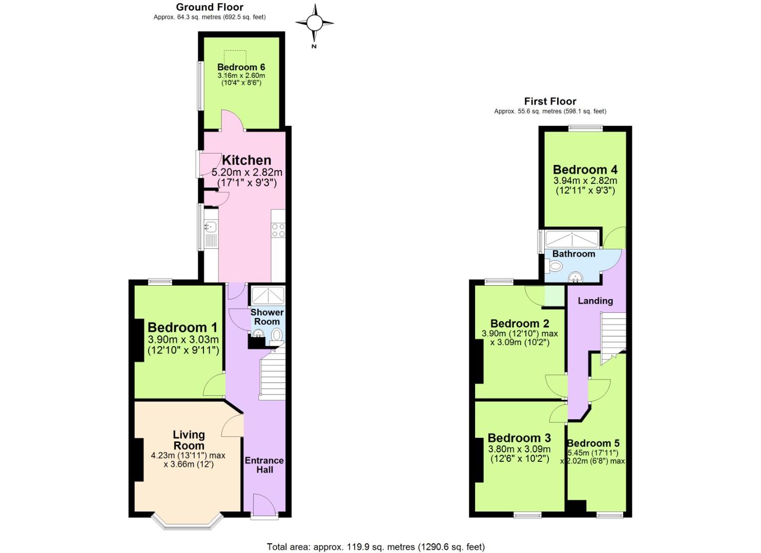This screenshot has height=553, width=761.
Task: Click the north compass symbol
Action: [315, 23]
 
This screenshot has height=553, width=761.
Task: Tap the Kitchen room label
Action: [246, 160]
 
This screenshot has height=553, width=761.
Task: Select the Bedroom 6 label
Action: [241, 67]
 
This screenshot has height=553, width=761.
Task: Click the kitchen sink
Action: [211, 226]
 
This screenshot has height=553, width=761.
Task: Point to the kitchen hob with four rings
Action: [278, 230]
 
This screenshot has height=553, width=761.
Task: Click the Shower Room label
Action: [267, 317]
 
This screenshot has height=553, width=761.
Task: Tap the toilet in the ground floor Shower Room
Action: [276, 335]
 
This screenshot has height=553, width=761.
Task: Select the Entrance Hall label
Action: [264, 465]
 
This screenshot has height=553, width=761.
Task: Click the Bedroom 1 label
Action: [182, 327]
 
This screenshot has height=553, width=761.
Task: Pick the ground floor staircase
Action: [273, 376]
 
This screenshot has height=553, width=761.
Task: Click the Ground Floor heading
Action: [210, 7]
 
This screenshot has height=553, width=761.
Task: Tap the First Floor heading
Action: [550, 101]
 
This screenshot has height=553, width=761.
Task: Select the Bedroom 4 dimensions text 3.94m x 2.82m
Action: [585, 181]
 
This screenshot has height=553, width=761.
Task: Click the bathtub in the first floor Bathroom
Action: [571, 239]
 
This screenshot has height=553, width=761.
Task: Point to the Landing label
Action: [595, 301]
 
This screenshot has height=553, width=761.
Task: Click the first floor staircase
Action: [613, 332]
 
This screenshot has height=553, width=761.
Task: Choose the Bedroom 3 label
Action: [519, 438]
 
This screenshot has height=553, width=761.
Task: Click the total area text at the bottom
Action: [376, 547]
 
